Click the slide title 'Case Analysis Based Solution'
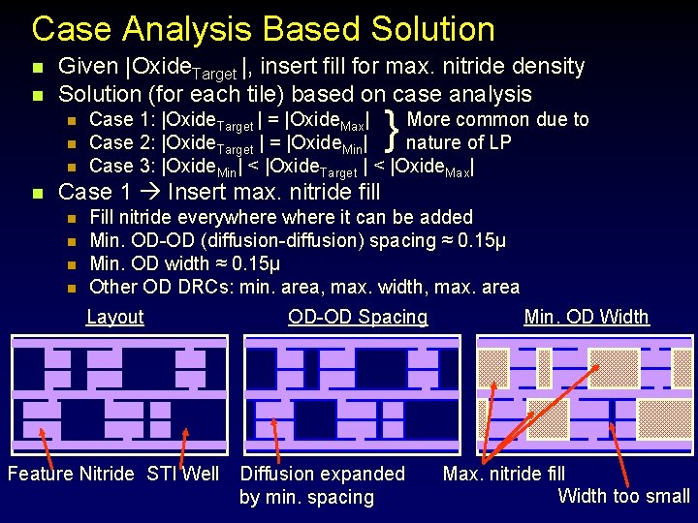coord(263,29)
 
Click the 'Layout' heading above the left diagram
coord(114,317)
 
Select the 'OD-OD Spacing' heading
coord(358,317)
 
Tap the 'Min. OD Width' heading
coord(586,317)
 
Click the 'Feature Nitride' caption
coord(71,474)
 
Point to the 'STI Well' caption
coord(183,474)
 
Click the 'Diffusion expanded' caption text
coord(322,474)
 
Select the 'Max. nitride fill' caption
coord(503,474)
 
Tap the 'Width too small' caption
coord(623,497)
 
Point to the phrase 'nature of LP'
coord(459,143)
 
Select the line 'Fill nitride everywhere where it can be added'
coord(280,217)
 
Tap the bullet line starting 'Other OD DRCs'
coord(303,287)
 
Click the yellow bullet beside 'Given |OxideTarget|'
coord(37,68)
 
